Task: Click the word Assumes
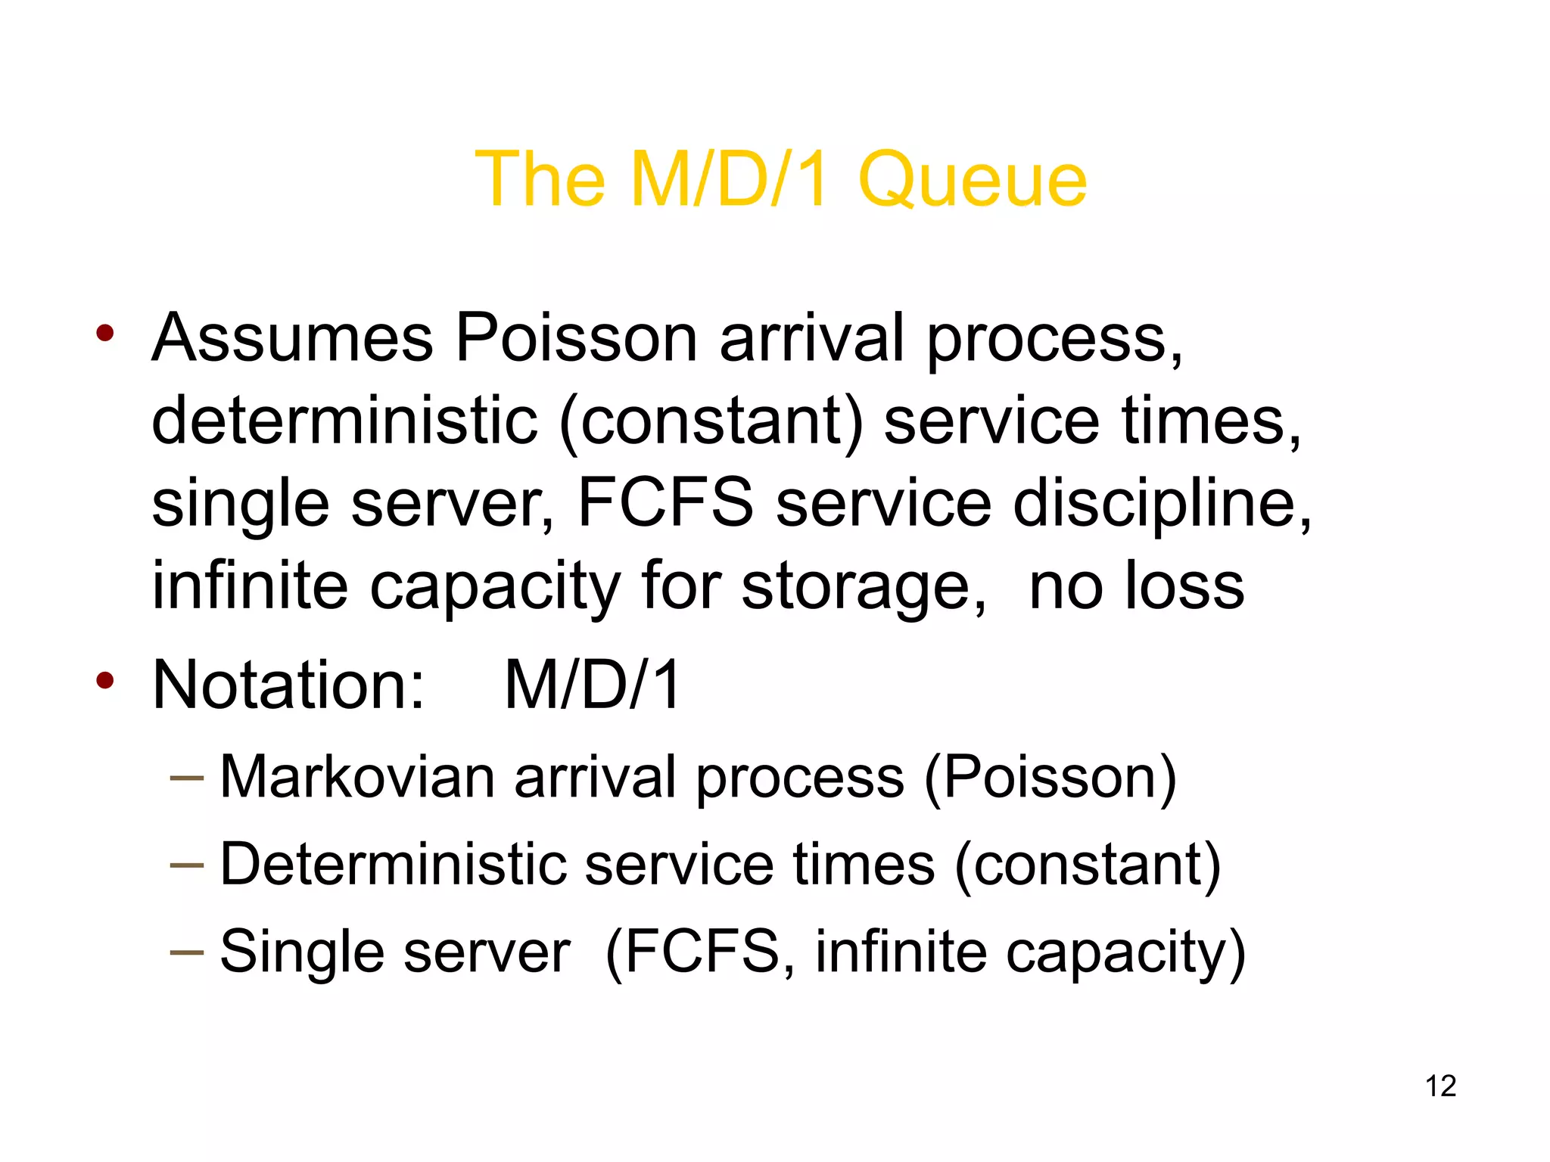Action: (292, 338)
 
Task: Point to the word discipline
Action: (1162, 504)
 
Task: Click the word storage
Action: (864, 587)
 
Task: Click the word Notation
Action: (288, 685)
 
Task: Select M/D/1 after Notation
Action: (593, 685)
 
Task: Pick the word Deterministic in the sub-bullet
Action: (393, 864)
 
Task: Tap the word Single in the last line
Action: (301, 951)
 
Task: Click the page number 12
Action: (1440, 1086)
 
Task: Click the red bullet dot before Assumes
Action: (105, 333)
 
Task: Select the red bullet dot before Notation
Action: (105, 680)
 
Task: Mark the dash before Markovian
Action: (187, 778)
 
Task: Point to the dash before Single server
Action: (187, 952)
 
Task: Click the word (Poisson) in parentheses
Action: (1050, 777)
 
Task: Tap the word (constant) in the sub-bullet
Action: (1088, 864)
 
